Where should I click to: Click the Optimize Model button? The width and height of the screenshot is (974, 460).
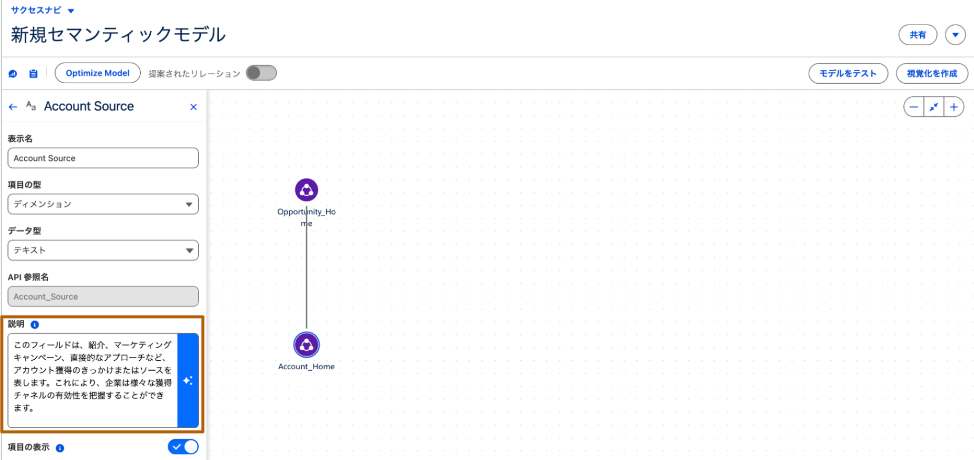pos(97,73)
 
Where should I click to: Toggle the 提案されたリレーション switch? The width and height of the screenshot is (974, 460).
pos(261,73)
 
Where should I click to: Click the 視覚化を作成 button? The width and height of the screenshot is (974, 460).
pos(932,74)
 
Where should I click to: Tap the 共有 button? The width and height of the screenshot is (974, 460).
pos(917,35)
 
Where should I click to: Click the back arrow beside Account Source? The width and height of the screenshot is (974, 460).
pos(13,107)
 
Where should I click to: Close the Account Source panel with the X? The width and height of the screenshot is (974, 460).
pos(194,107)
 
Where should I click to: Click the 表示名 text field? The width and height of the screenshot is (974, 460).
pos(103,158)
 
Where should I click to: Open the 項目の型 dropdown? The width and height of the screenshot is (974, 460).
pos(103,204)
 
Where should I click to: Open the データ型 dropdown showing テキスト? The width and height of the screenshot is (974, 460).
pos(103,250)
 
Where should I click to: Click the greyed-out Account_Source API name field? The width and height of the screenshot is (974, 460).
pos(103,297)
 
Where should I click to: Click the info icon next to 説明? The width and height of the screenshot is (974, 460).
pos(35,325)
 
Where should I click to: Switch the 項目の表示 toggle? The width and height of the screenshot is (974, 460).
pos(183,447)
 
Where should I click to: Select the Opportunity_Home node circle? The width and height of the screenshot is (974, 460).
pos(307,190)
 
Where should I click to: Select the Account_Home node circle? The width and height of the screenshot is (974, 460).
pos(307,345)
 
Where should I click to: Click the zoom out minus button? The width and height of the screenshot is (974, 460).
pos(914,107)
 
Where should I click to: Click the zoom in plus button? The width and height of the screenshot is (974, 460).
pos(954,107)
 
